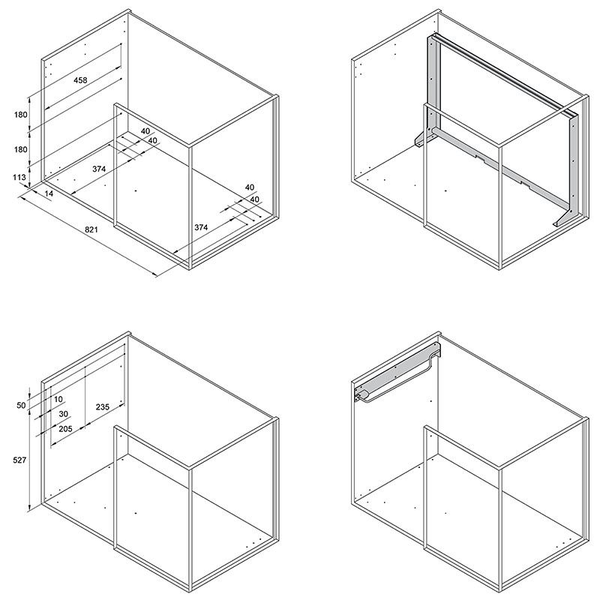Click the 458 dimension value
tap(80, 80)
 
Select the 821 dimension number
tap(91, 229)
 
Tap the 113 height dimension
tap(19, 177)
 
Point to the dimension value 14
tap(49, 193)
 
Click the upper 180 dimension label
tap(21, 115)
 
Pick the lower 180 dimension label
tap(21, 149)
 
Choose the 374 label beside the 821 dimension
tap(201, 227)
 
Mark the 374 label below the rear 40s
tap(99, 169)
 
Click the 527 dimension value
tap(19, 460)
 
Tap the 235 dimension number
tap(103, 406)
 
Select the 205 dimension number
tap(65, 428)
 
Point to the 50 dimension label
tap(21, 405)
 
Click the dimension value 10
tap(58, 400)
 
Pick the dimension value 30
tap(64, 414)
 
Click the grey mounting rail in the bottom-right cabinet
tap(398, 372)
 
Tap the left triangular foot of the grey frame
tap(422, 139)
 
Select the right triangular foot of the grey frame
tap(562, 219)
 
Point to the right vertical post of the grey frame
tap(573, 164)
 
